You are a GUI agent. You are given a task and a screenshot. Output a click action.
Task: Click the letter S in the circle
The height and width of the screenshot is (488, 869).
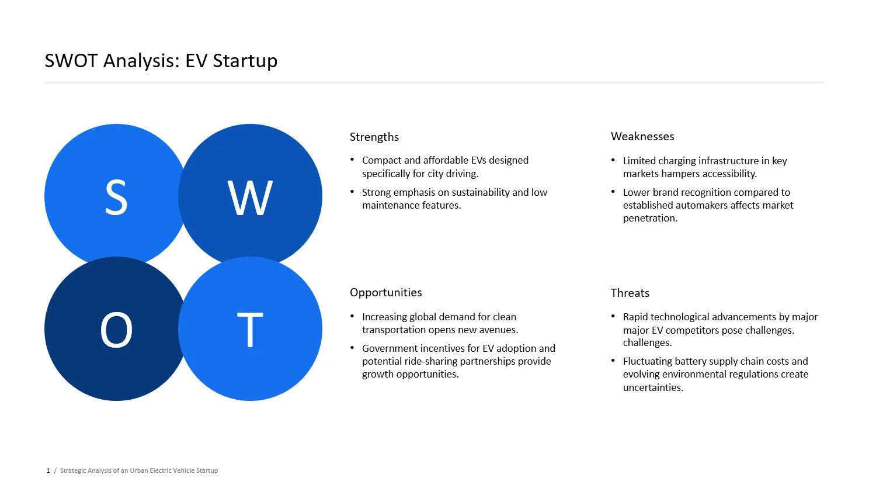116,198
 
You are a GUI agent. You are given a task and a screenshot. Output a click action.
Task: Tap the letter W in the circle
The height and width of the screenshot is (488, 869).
250,198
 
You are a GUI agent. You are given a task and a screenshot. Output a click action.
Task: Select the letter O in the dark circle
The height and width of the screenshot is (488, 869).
116,330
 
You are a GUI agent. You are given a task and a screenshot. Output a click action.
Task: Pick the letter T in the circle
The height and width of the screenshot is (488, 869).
250,330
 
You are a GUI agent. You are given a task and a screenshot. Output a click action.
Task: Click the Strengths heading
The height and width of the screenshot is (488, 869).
374,137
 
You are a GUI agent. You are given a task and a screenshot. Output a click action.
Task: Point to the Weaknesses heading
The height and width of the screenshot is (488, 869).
642,137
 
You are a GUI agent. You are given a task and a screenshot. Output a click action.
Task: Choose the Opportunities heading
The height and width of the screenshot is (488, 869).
385,293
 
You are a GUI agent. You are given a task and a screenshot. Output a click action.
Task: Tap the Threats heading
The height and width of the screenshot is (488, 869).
630,293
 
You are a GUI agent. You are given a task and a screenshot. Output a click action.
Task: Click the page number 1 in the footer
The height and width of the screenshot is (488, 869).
48,470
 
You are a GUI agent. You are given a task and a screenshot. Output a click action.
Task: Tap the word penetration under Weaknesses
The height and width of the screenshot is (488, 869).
649,218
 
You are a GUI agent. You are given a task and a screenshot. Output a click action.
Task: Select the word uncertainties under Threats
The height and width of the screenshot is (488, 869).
652,387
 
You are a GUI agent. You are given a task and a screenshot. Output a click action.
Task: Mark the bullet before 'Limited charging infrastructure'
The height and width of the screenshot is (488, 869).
613,160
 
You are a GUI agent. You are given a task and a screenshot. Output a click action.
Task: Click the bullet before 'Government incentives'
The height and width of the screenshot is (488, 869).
352,347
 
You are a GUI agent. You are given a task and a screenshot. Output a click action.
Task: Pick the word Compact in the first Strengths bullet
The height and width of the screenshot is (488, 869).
381,160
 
